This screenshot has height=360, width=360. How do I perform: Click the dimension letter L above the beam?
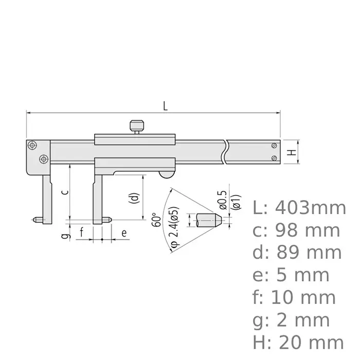(165, 106)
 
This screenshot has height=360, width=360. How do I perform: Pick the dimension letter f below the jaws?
(81, 233)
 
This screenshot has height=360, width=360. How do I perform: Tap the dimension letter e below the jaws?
(123, 232)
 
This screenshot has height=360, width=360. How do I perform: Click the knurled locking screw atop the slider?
(136, 125)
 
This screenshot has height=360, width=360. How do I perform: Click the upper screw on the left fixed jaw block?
(32, 146)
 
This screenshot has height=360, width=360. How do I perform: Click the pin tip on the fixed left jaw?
(36, 220)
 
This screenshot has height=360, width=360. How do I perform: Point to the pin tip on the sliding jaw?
(108, 220)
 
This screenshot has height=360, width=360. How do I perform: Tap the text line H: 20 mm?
(298, 341)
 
